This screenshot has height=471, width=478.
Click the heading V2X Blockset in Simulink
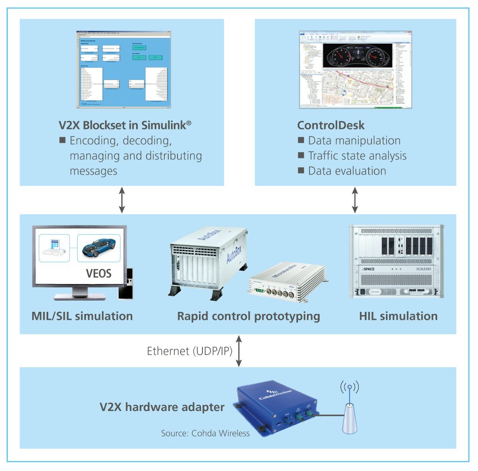(125, 125)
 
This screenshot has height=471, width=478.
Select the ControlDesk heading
(331, 125)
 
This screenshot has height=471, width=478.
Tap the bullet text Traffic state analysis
(357, 156)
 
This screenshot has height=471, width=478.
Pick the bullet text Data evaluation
(347, 171)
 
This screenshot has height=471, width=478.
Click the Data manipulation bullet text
(354, 141)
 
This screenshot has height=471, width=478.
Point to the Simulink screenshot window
(123, 69)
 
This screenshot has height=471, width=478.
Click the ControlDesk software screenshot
(355, 70)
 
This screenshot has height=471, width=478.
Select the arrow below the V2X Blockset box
(122, 200)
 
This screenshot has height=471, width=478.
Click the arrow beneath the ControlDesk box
(355, 200)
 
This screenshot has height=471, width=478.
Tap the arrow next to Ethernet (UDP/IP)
(239, 351)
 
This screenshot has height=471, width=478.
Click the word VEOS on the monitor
(98, 274)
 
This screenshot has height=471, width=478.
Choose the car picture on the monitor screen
(98, 248)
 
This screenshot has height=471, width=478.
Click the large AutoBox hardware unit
(207, 261)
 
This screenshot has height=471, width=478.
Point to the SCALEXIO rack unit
(396, 261)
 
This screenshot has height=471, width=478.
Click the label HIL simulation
(398, 316)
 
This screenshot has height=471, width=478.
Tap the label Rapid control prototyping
(249, 316)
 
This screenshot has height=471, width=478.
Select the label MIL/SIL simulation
(82, 316)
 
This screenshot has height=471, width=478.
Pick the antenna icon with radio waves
(349, 410)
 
